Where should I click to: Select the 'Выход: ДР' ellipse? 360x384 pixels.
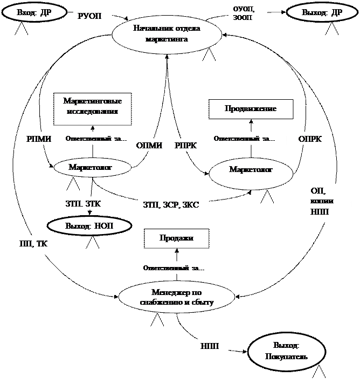coord(322,12)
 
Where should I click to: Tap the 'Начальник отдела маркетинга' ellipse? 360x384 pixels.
coord(166,33)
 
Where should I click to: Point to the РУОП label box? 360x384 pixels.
coord(92,16)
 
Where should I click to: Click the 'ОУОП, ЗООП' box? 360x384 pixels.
coord(248,15)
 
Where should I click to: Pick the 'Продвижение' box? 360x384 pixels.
coord(251,108)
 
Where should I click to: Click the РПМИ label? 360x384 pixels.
coord(39,139)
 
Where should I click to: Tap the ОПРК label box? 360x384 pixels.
coord(311,139)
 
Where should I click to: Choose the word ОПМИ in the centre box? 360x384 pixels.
coord(149,146)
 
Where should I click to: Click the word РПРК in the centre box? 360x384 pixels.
coord(186,146)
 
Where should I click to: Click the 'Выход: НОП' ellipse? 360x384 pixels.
coord(89,225)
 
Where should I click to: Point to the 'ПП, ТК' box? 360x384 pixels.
coord(37,244)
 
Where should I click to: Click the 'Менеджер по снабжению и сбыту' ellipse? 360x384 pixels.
coord(176,297)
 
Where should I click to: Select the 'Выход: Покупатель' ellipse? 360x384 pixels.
coord(286,351)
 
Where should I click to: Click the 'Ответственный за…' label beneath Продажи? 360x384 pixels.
coord(176,268)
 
